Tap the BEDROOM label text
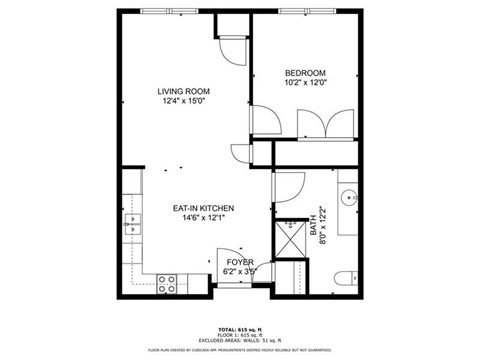305,73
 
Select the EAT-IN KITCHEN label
204,208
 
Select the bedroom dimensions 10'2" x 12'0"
305,83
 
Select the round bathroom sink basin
349,198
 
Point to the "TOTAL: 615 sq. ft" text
240,328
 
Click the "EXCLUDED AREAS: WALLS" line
240,340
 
